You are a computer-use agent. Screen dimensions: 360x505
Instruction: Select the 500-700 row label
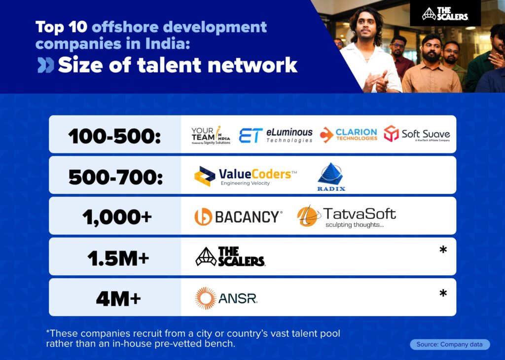click(116, 176)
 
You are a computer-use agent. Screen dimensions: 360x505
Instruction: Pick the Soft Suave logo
click(417, 134)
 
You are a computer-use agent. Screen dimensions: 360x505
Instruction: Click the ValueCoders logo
click(246, 176)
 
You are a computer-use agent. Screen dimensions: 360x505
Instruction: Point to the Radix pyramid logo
click(331, 177)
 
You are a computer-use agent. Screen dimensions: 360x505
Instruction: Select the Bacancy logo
click(239, 216)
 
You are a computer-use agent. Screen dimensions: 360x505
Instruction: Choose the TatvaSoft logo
click(346, 216)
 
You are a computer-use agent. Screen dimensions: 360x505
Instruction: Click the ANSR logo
click(226, 298)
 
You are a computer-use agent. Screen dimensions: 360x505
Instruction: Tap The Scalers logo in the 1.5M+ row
click(230, 257)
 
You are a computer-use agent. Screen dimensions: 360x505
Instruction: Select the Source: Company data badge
click(450, 344)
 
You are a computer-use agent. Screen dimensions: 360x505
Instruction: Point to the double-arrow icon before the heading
click(46, 65)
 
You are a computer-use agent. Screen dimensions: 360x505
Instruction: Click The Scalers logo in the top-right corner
click(445, 14)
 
